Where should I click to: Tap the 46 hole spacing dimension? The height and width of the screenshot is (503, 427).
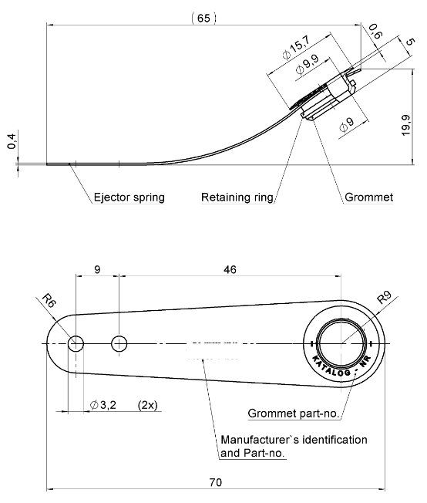[x=229, y=269]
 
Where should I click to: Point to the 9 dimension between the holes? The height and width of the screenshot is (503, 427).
[x=96, y=269]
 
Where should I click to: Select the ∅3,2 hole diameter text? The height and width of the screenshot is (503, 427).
[x=103, y=405]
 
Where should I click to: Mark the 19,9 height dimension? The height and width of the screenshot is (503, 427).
[x=405, y=123]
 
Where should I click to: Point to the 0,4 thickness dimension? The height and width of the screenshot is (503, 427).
[x=11, y=141]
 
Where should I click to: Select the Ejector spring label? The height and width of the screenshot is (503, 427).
[x=129, y=197]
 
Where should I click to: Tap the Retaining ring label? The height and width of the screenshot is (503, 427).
[x=237, y=197]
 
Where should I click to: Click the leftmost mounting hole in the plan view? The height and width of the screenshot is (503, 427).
[x=76, y=343]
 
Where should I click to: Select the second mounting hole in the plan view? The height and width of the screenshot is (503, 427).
[x=119, y=343]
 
